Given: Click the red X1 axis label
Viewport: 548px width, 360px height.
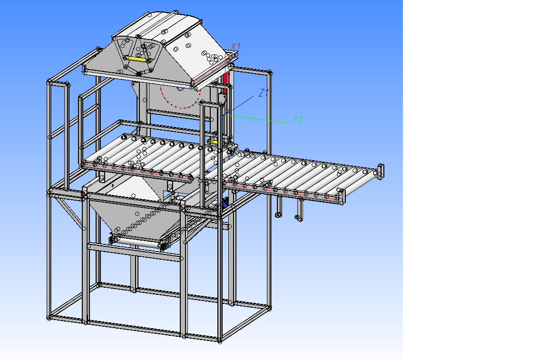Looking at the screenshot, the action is point(236,46).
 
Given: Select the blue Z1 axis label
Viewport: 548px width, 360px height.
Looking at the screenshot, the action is point(264,93).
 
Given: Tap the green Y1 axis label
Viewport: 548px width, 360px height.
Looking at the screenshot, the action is point(298,119).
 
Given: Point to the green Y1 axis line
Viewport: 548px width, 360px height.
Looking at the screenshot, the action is point(257,119).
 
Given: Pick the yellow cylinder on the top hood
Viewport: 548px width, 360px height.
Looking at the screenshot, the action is point(136,59).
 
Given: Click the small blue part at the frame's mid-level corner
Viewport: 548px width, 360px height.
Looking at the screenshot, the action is point(225,203).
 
